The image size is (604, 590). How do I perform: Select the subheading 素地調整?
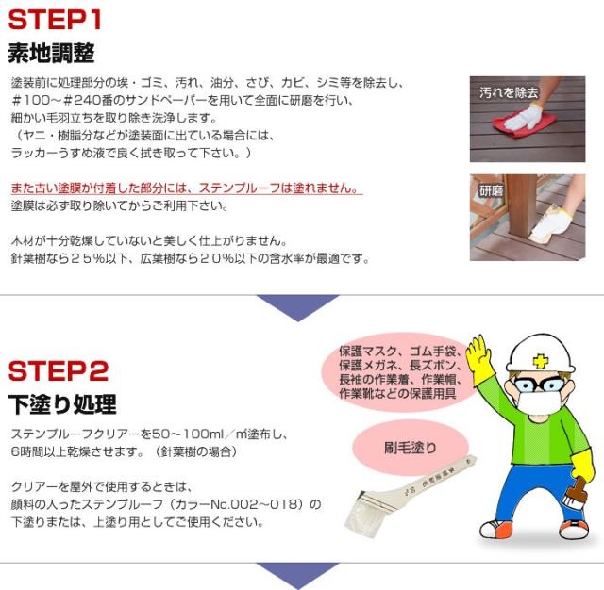51,53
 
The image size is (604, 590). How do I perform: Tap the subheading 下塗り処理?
62,404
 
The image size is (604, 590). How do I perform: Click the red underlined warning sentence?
186,188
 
